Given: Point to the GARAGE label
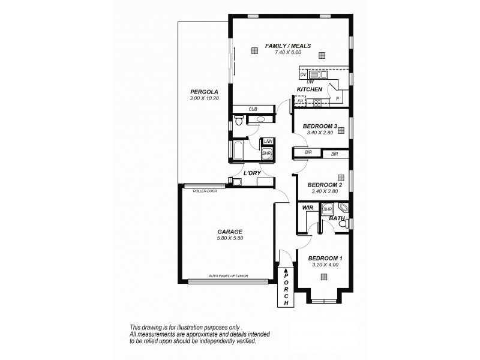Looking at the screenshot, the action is pos(230,231).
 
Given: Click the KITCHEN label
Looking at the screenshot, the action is pos(310,89).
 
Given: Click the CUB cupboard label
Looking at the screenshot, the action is pos(253,110).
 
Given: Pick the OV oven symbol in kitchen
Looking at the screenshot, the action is pos(303,74).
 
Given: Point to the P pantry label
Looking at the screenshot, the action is pos(337,99).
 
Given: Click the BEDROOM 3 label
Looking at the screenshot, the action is pos(320,126).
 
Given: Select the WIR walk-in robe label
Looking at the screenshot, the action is pos(308,207).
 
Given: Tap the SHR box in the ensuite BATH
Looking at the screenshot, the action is pos(328,209).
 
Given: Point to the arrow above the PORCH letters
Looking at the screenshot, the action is pos(286,272).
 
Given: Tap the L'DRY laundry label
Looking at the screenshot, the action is pos(251,173).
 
